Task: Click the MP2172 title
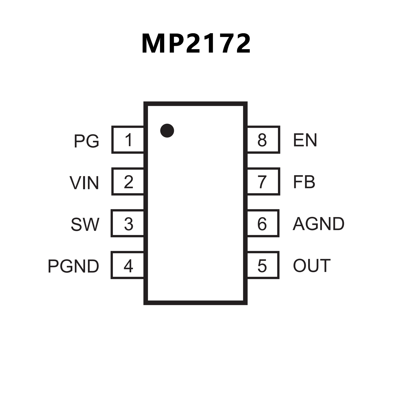(x=196, y=44)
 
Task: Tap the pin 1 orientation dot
(x=167, y=131)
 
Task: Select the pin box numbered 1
(x=128, y=140)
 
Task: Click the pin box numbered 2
(x=128, y=182)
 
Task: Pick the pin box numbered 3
(x=128, y=223)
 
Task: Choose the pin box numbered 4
(x=128, y=265)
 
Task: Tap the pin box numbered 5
(x=263, y=265)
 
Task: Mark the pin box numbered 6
(x=263, y=223)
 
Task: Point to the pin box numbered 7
(x=263, y=182)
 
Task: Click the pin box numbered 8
(x=263, y=140)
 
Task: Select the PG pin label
(x=86, y=141)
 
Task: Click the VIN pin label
(x=84, y=183)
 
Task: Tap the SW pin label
(x=85, y=225)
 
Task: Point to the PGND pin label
(x=73, y=266)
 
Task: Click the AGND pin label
(x=318, y=224)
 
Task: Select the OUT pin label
(x=312, y=265)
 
